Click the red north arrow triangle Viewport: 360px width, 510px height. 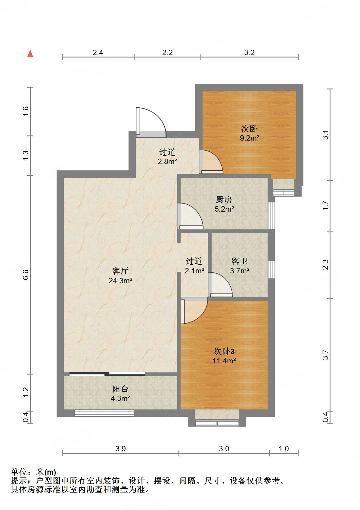coord(30,54)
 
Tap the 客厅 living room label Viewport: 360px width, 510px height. coord(120,271)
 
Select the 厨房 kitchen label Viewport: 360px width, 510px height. coord(224,200)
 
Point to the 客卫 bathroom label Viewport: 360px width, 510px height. coord(239,261)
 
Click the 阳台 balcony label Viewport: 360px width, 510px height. coord(120,389)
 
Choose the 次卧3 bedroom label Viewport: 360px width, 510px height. coord(224,351)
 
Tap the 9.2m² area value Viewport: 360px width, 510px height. coord(250,138)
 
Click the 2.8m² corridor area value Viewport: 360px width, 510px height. coord(167,161)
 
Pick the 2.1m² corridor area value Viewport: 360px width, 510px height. coord(194,271)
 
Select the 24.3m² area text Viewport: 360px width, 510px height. coord(120,281)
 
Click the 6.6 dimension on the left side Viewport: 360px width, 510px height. coord(26,275)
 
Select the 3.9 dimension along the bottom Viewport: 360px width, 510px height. coord(120,449)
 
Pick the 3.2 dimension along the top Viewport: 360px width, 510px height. coord(249,53)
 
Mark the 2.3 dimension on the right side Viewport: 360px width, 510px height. coord(325,265)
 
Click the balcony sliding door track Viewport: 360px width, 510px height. coord(107,374)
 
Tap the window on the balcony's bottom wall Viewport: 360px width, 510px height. coord(104,413)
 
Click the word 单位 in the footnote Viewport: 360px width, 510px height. coord(19,472)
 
